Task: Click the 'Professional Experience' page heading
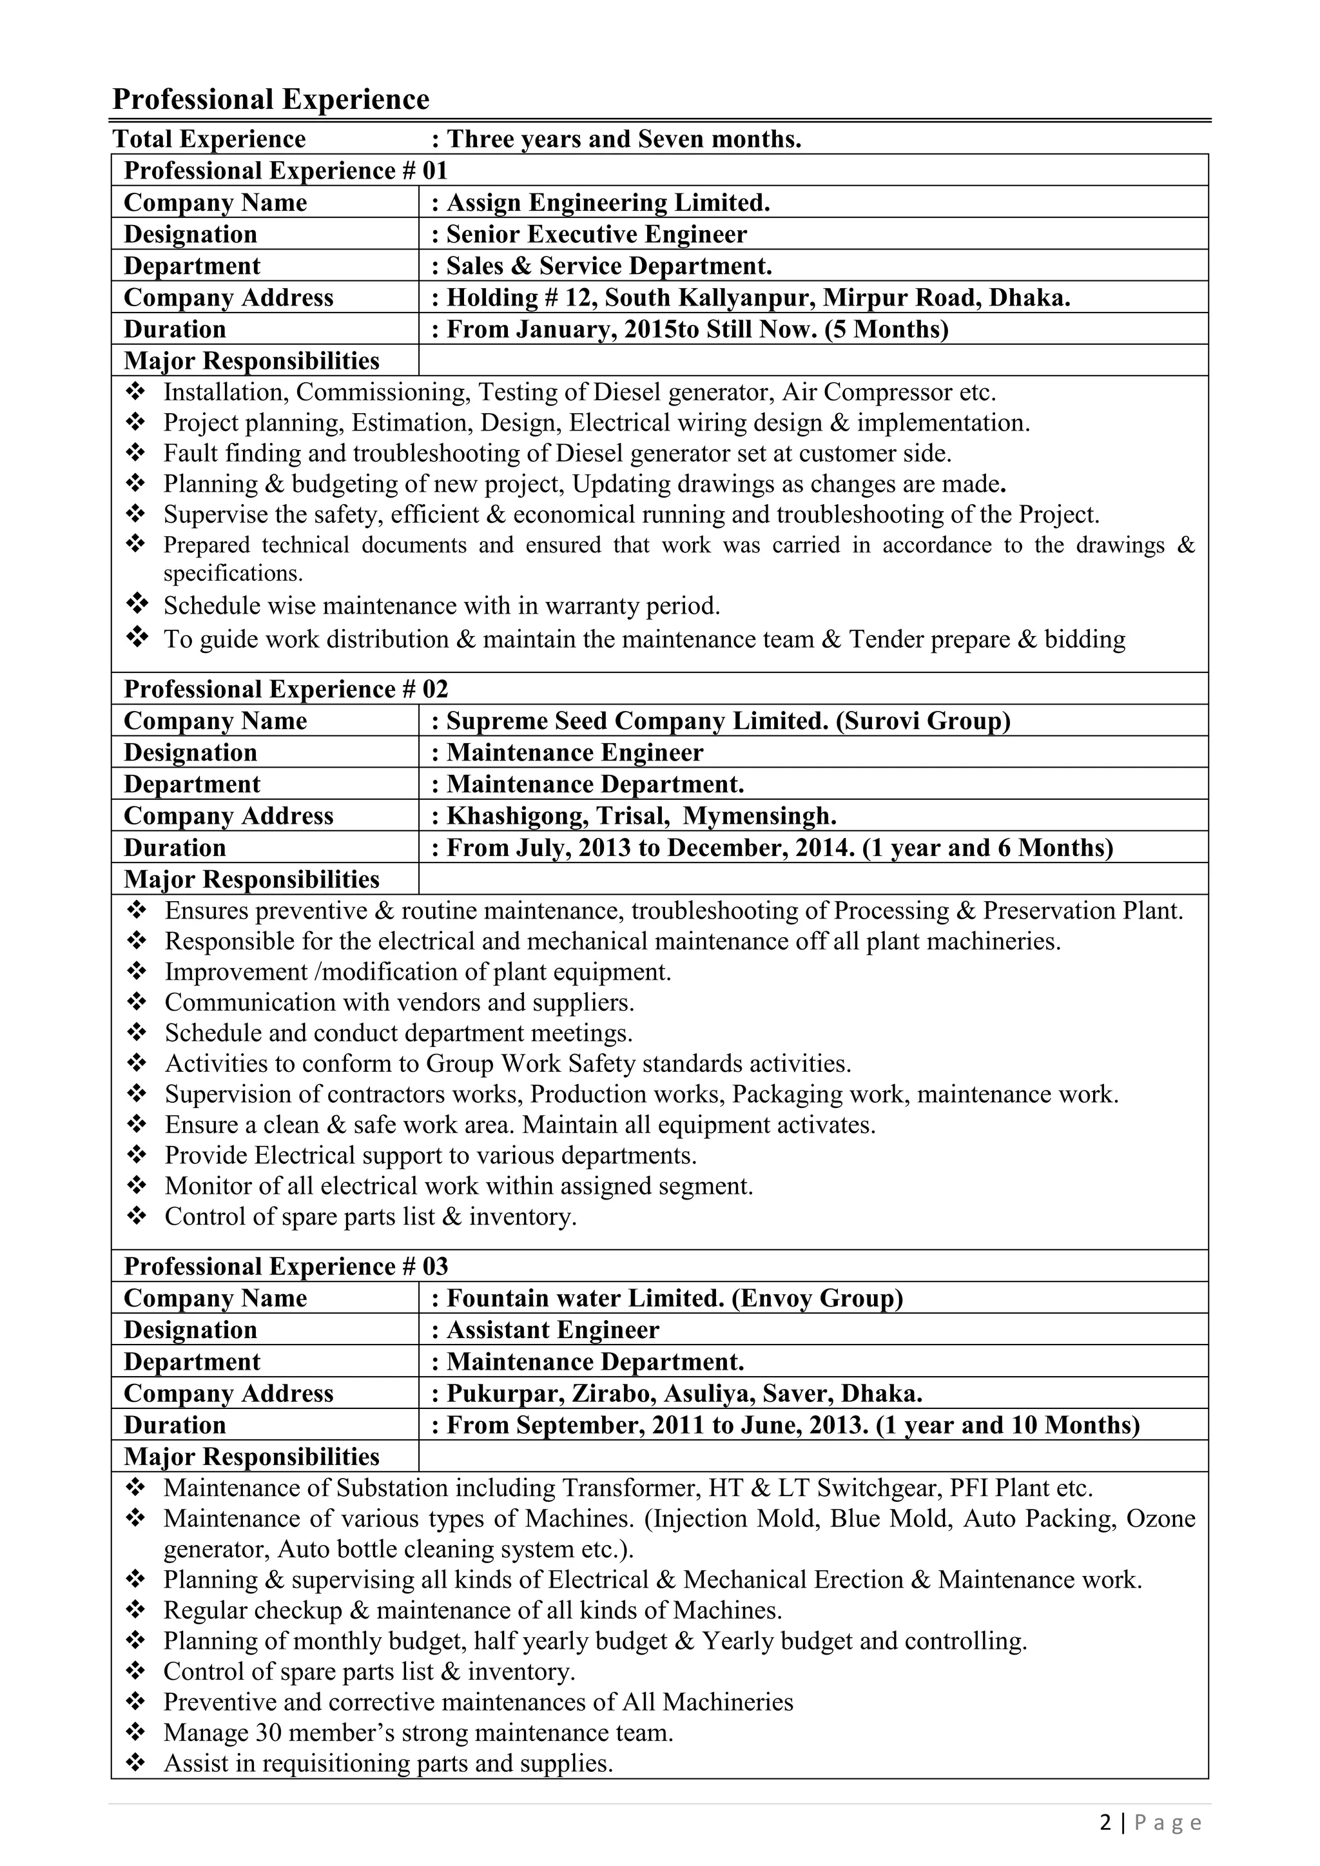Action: (271, 99)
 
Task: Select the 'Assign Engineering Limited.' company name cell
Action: (607, 202)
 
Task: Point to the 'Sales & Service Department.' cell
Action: (609, 266)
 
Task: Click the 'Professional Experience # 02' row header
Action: (286, 688)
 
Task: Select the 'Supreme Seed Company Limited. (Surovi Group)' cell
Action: (728, 720)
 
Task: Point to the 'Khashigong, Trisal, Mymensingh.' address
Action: (641, 815)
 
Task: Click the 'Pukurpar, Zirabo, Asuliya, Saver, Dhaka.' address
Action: (684, 1393)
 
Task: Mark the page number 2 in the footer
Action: (1105, 1823)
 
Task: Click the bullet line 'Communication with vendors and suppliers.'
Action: (399, 1002)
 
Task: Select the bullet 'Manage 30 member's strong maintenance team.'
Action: (418, 1733)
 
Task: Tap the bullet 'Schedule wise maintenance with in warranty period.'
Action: (442, 605)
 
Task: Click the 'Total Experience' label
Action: (209, 139)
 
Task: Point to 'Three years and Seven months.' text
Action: (623, 139)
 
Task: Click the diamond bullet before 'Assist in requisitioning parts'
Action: (136, 1763)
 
